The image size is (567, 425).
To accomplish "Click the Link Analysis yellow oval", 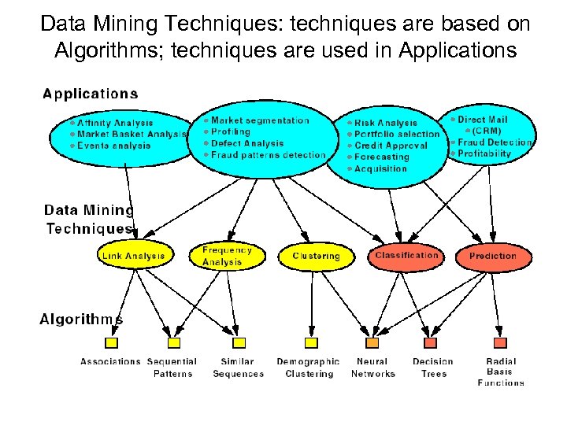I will (x=134, y=255).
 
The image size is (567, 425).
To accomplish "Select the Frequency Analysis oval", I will (x=226, y=255).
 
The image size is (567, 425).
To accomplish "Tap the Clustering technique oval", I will (x=316, y=255).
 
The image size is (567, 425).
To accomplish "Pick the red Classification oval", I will (x=406, y=255).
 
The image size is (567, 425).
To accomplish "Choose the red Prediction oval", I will (x=492, y=255).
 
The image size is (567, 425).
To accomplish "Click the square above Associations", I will (x=111, y=342).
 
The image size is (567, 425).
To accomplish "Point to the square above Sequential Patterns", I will (x=174, y=342).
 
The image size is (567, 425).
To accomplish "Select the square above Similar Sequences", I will (x=239, y=342).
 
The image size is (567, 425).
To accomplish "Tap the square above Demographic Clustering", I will (x=311, y=342).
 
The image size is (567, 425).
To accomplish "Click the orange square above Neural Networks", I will (x=372, y=342).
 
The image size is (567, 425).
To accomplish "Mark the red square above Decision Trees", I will (x=430, y=342).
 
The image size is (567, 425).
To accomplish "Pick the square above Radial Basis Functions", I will (x=499, y=342).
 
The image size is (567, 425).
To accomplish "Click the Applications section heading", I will (x=91, y=94).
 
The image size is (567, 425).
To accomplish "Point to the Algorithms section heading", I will (x=81, y=319).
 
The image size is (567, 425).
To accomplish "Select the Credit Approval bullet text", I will (x=391, y=146).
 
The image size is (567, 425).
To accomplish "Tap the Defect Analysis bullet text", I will (x=247, y=143).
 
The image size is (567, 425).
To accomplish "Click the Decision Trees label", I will (x=432, y=368).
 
